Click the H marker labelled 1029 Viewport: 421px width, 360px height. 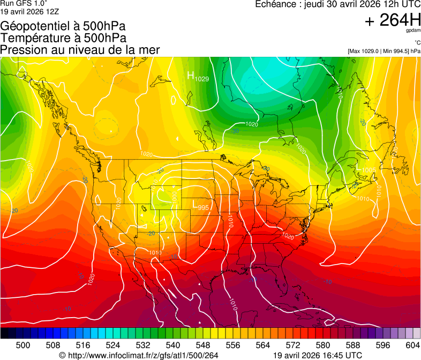pos(190,76)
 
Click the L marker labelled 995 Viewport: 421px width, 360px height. pos(196,204)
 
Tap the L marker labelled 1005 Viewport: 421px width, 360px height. pos(359,168)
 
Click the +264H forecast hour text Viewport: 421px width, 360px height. pos(393,21)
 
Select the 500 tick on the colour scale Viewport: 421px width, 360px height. pos(23,346)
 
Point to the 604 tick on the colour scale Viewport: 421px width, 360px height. pos(412,346)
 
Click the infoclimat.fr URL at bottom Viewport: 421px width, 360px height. pos(139,355)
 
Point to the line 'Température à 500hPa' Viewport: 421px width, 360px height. pos(63,38)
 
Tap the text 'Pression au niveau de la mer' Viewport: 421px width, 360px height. pos(80,50)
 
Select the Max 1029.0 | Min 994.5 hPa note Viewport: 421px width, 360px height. pos(384,51)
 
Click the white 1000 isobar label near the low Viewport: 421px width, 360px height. pos(174,196)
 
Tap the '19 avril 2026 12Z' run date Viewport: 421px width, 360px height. pos(31,11)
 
